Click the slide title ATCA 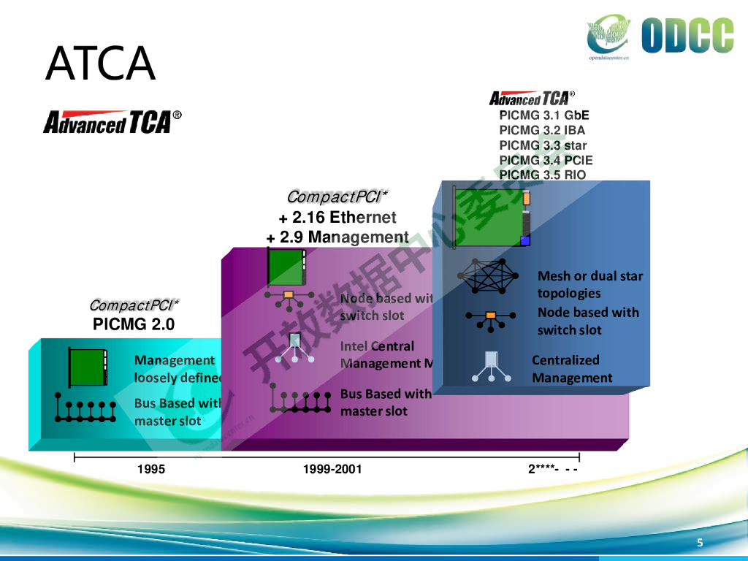tap(100, 64)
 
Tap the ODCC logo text tap(687, 37)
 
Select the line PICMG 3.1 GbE tap(544, 115)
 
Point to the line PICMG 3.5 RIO tap(543, 175)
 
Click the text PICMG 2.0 tap(134, 324)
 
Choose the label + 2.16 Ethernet tap(337, 218)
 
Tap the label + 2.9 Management tap(337, 237)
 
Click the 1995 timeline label tap(151, 469)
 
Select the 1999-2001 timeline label tap(332, 469)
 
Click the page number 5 tap(701, 543)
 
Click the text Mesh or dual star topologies tap(590, 285)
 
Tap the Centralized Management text tap(572, 369)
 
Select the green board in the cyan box tap(87, 367)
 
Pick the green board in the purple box tap(286, 267)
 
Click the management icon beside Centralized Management tap(492, 367)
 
